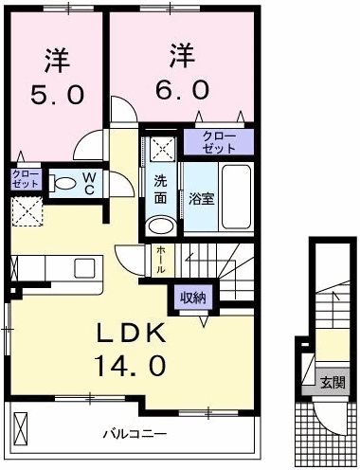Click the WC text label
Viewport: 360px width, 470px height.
86,181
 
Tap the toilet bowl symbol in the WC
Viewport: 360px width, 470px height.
63,184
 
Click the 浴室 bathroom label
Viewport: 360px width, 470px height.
200,199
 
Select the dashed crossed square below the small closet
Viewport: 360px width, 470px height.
26,211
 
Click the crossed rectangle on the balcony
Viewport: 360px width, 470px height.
23,430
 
